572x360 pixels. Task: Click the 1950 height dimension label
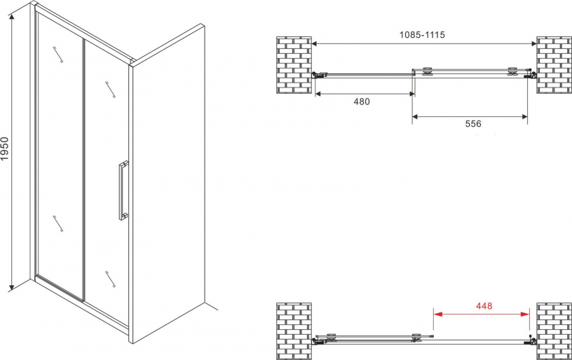click(5, 148)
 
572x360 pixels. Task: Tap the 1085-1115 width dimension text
click(422, 35)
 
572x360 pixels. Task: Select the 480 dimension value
click(362, 102)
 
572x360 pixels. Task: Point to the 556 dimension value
click(472, 124)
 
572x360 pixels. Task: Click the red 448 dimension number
click(484, 306)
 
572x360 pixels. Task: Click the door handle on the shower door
click(123, 191)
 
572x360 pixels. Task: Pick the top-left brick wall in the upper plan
click(294, 65)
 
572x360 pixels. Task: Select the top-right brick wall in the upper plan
click(554, 65)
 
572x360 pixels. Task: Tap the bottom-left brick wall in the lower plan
click(294, 331)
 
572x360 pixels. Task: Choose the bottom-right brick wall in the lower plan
click(554, 331)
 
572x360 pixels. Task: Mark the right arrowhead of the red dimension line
click(525, 314)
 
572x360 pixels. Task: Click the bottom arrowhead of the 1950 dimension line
click(12, 287)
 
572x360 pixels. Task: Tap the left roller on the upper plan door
click(427, 71)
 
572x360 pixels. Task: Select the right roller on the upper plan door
click(513, 71)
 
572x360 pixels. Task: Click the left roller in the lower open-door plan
click(332, 337)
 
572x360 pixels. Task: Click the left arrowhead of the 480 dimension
click(319, 94)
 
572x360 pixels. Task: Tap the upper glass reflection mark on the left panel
click(57, 55)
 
